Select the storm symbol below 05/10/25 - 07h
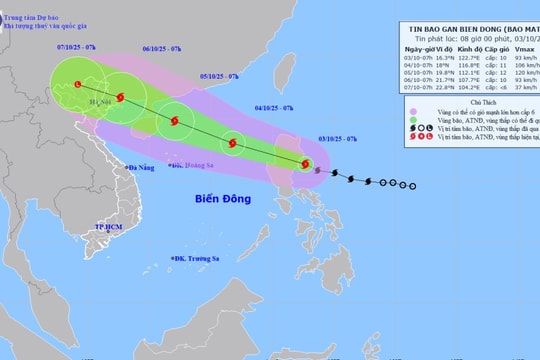click(x=176, y=121)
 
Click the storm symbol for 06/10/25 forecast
click(x=120, y=97)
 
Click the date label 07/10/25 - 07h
click(x=77, y=47)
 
